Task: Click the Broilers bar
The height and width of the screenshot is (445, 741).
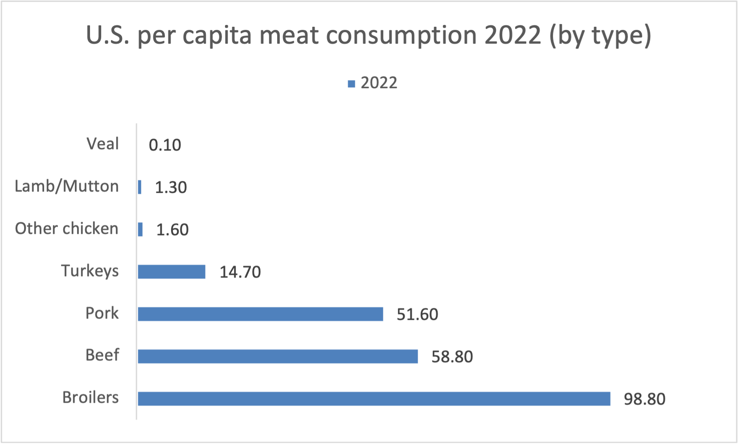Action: coord(373,399)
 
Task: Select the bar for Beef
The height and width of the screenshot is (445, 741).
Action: coord(278,356)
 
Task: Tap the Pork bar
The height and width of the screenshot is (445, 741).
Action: coord(260,314)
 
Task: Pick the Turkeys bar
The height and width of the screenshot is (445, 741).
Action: coord(172,272)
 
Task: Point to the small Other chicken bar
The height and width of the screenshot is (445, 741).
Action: coord(140,229)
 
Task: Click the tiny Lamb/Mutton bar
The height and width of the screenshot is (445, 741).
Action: coord(140,187)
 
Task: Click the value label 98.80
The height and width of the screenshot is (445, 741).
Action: coord(644,399)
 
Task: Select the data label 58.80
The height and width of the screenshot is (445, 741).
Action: coord(452,357)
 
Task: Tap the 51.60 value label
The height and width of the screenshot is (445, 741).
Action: coord(417,314)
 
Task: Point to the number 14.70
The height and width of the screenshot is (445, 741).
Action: coord(240,272)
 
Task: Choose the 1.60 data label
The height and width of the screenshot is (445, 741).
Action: coord(172,230)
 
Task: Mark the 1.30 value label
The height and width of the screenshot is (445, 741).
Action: coord(171,188)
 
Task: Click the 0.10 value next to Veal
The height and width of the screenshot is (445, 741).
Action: coord(165,145)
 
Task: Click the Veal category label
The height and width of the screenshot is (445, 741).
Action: coord(102,144)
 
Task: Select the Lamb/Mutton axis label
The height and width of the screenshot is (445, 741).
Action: coord(66,186)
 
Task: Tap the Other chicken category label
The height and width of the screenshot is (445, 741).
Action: coord(66,229)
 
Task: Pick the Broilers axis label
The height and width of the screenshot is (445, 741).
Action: coord(90,397)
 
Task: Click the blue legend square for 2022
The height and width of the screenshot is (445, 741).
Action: coord(351,84)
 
